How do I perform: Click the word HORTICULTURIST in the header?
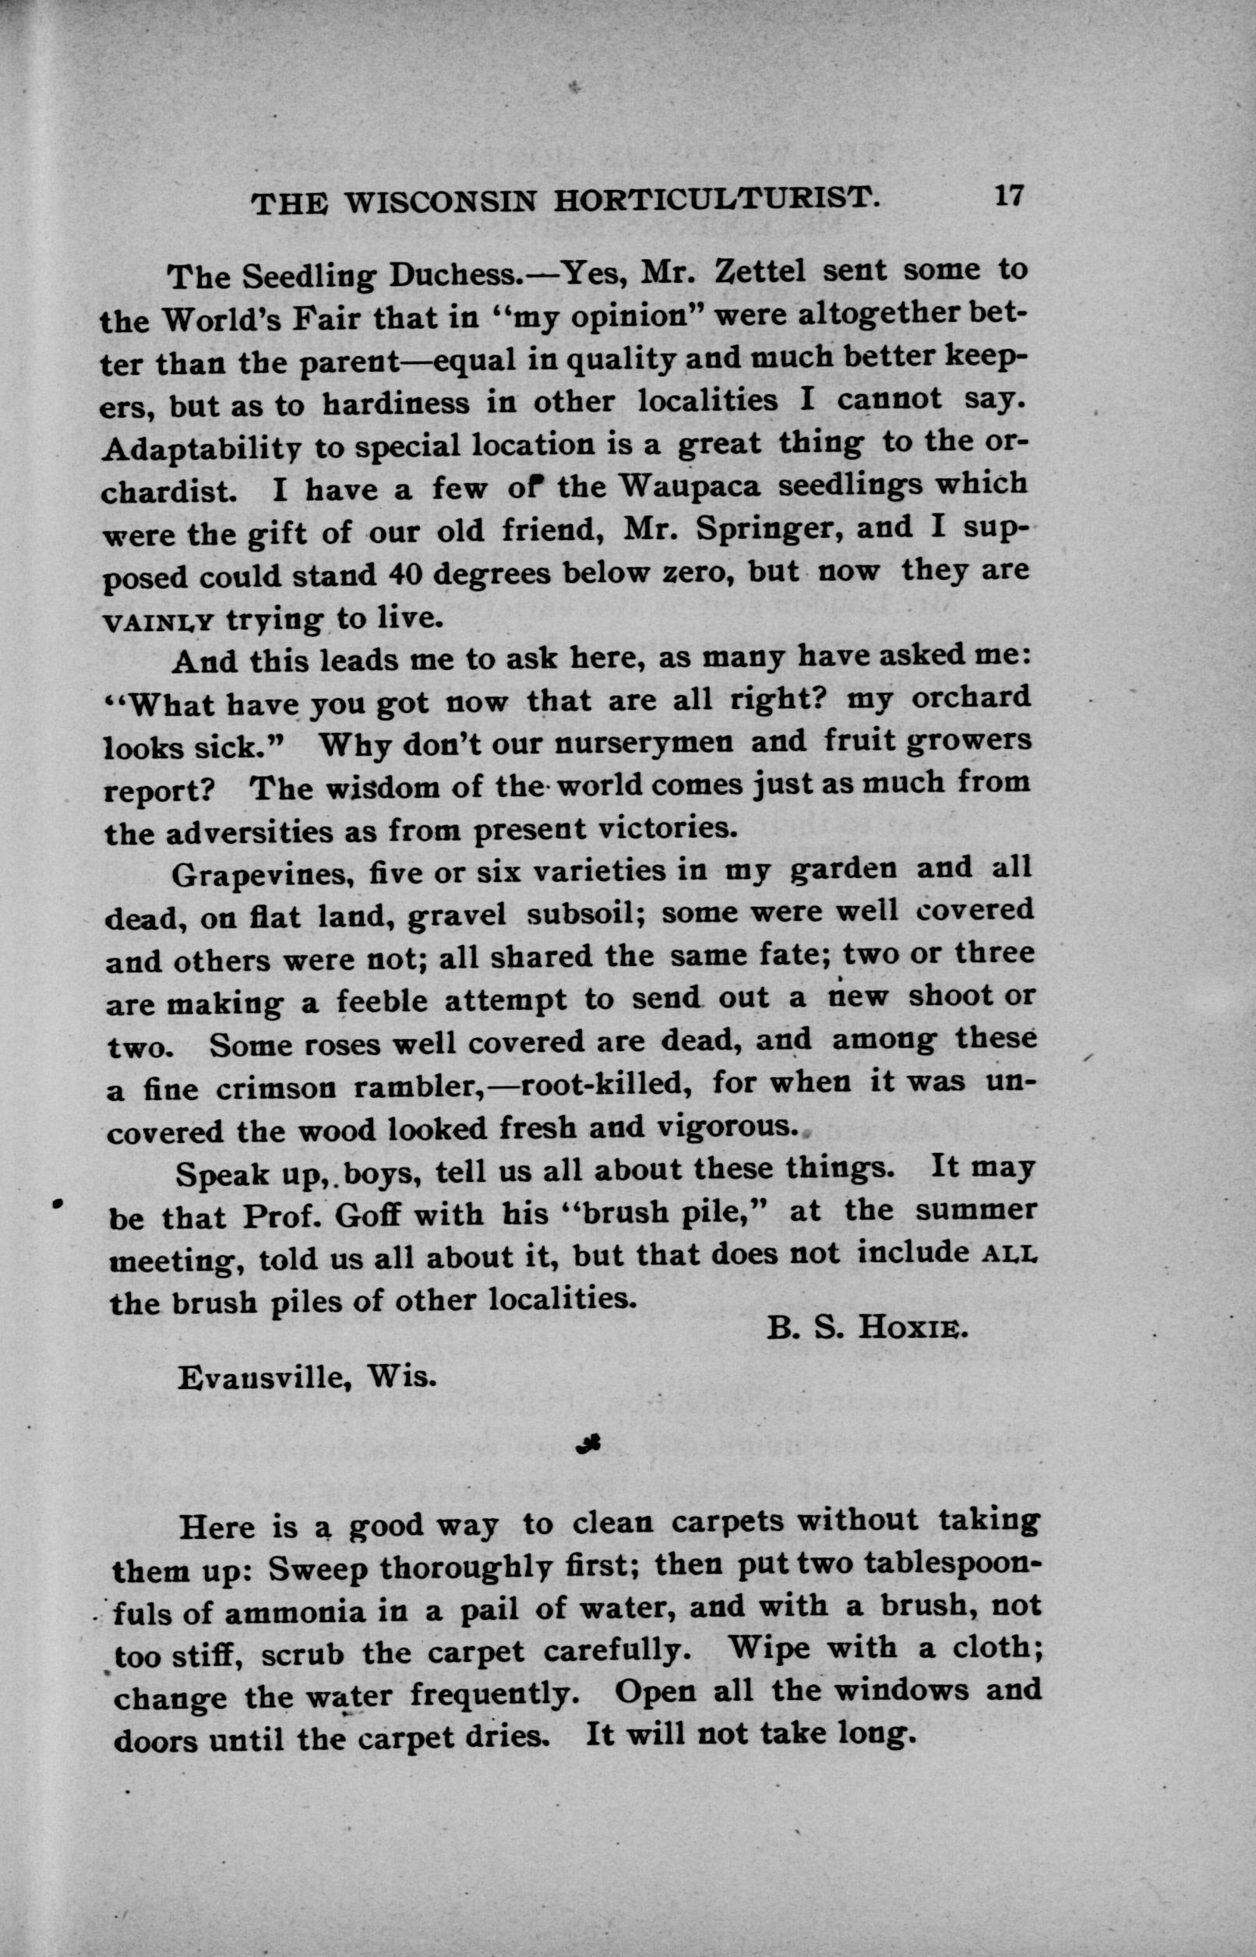coord(717,199)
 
